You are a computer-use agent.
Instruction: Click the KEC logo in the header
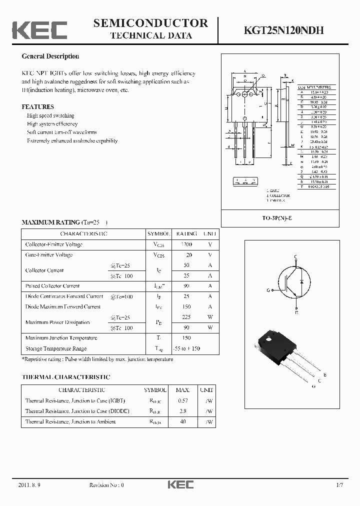tap(39, 30)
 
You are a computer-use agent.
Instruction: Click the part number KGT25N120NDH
tap(283, 30)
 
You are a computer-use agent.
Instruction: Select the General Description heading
tap(50, 56)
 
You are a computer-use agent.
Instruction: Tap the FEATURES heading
tap(37, 106)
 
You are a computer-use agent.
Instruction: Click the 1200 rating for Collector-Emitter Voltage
tap(186, 244)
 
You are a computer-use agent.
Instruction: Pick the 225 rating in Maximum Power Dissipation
tap(186, 317)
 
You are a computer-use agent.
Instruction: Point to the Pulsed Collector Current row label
tap(52, 286)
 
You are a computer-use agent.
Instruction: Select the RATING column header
tap(186, 234)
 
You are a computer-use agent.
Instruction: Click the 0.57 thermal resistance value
tap(183, 400)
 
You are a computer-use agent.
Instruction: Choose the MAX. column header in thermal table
tap(183, 390)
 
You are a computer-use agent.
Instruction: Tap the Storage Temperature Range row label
tap(56, 348)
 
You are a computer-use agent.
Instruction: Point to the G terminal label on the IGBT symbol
tap(268, 290)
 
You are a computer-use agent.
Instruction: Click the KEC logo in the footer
tap(180, 484)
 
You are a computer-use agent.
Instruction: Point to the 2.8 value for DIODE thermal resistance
tap(183, 411)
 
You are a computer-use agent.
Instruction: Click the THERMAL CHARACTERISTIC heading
tap(65, 377)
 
